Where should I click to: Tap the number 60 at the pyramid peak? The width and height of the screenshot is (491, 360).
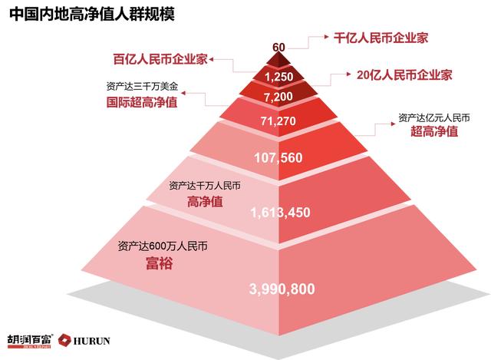point(278,48)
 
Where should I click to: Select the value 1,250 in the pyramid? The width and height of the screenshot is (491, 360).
point(278,78)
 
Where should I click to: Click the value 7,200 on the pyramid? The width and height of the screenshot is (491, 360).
point(278,98)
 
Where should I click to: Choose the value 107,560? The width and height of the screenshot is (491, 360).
point(278,158)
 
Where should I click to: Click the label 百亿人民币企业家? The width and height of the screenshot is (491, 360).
point(160,58)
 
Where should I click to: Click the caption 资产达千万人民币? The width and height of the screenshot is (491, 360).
point(203,185)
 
